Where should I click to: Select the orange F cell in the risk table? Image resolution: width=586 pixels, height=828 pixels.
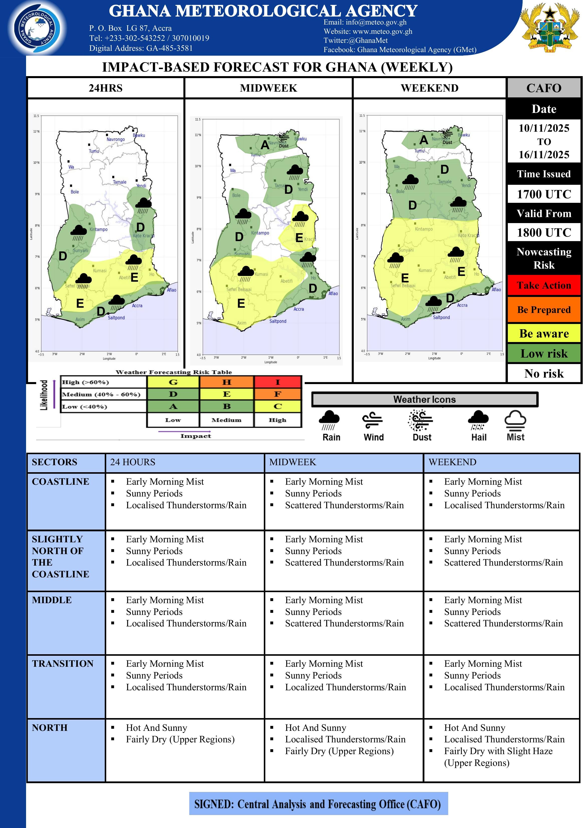tap(278, 394)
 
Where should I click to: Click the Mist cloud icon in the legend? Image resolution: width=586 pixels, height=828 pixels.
tap(515, 420)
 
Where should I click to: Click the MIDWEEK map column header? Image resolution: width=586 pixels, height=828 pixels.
tap(269, 88)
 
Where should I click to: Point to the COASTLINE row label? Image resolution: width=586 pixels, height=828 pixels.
tap(60, 481)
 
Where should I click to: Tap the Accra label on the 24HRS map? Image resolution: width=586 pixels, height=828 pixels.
tap(137, 305)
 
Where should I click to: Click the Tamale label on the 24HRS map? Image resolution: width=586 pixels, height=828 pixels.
tap(120, 182)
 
